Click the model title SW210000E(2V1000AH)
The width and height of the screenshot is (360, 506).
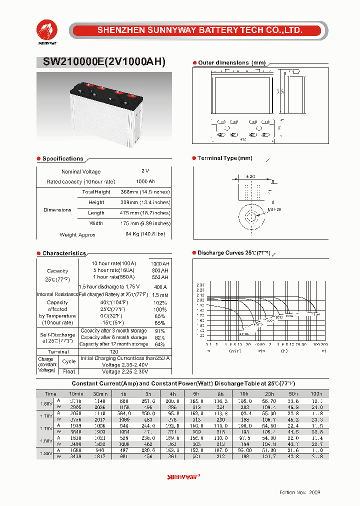[x=100, y=62]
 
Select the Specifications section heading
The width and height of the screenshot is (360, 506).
[x=62, y=158]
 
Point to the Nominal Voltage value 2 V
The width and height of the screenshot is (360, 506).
[x=145, y=171]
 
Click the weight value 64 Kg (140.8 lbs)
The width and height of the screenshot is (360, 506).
[x=145, y=234]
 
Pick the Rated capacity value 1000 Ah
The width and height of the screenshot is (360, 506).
[x=145, y=181]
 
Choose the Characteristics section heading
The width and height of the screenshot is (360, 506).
[x=64, y=253]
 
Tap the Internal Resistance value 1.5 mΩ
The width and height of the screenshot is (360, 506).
[x=160, y=294]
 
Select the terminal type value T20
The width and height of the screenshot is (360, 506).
[x=114, y=352]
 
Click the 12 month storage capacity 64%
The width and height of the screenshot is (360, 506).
[x=160, y=344]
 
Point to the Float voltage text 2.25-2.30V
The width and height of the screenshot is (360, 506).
[x=125, y=371]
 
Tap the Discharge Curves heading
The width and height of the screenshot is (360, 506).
[x=233, y=253]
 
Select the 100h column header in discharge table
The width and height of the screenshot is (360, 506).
[x=316, y=394]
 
